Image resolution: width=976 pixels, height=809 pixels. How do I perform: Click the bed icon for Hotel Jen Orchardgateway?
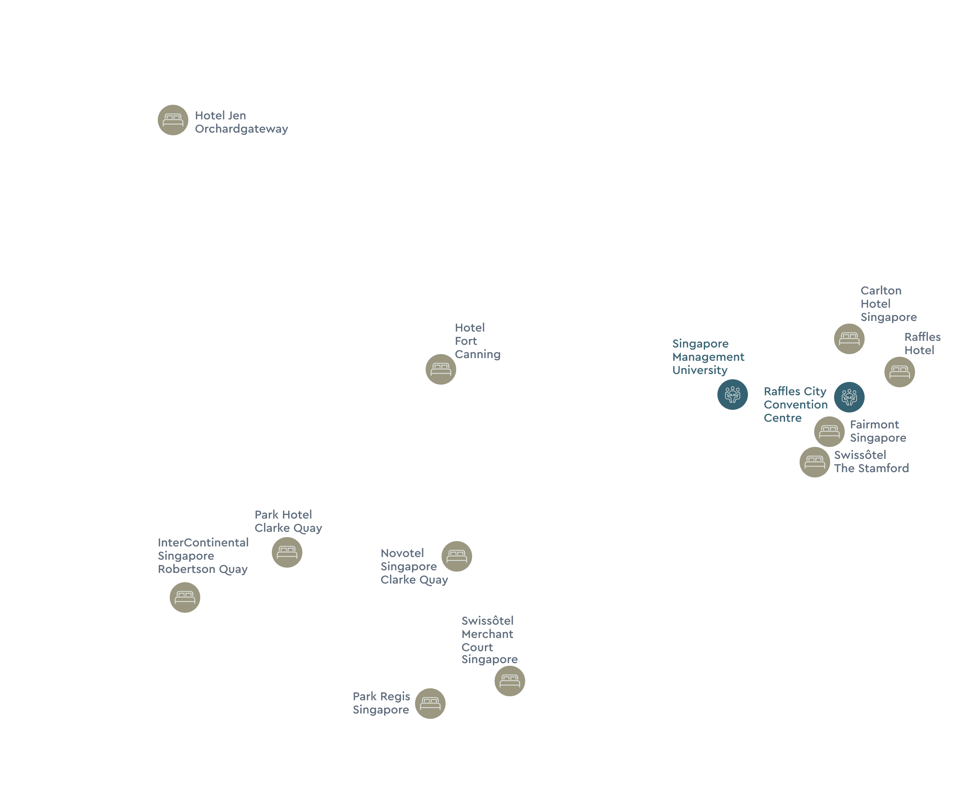tap(173, 120)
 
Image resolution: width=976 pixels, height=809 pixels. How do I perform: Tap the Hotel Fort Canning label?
tap(477, 341)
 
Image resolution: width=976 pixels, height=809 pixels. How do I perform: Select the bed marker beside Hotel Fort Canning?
tap(441, 369)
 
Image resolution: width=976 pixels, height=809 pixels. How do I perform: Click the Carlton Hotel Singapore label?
tap(888, 304)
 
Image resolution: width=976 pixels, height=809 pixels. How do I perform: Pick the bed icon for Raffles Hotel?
tap(900, 372)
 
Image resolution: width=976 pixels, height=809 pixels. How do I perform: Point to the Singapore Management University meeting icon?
tap(732, 395)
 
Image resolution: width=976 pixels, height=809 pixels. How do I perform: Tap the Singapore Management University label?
tap(708, 357)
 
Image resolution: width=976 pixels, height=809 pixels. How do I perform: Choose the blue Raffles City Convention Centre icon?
tap(849, 397)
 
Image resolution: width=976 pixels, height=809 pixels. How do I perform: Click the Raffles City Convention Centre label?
tap(795, 404)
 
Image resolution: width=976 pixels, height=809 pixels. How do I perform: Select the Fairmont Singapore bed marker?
tap(829, 431)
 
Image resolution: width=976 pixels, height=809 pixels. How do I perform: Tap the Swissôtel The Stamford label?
tap(871, 461)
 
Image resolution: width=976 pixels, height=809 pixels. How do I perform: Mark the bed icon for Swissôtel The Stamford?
tap(814, 462)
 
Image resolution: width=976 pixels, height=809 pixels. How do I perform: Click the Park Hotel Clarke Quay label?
tap(288, 521)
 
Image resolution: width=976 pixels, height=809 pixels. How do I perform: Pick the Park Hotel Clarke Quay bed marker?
tap(287, 552)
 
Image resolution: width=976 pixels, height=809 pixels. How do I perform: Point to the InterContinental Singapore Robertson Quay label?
tap(203, 556)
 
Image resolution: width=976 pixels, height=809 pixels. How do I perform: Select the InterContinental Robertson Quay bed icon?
tap(184, 597)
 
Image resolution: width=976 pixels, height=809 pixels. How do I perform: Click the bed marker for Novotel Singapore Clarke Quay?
tap(457, 556)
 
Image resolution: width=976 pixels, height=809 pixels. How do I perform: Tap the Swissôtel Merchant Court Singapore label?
tap(489, 640)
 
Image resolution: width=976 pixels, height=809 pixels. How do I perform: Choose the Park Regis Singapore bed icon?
tap(430, 703)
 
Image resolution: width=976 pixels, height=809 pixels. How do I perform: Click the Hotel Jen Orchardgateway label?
tap(241, 122)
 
